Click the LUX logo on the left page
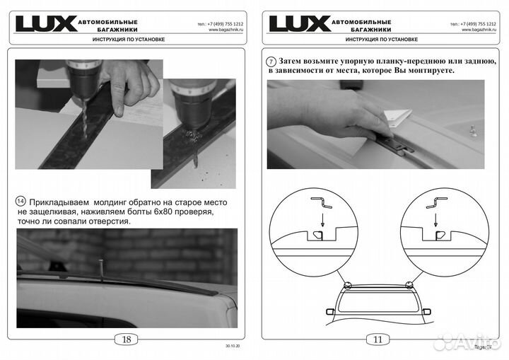(x=46, y=23)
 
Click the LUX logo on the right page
(x=299, y=23)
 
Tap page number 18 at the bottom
(x=127, y=339)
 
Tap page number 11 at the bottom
(x=378, y=339)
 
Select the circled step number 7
(x=272, y=61)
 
